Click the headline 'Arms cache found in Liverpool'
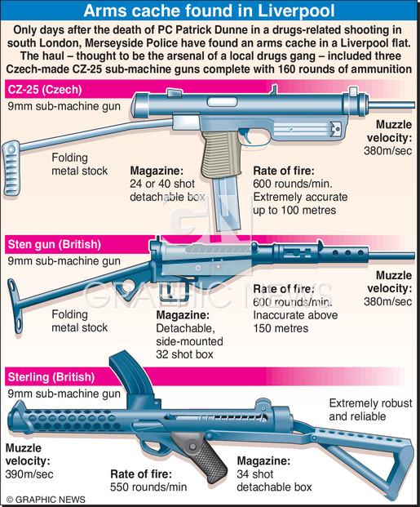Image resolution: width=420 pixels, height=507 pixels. coord(209,11)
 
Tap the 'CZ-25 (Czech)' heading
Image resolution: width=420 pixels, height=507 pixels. coord(45,90)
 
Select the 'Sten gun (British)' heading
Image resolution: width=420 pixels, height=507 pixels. coord(55,244)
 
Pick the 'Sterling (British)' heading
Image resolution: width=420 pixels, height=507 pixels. coord(51,377)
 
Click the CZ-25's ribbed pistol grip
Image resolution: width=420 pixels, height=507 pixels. coord(221,153)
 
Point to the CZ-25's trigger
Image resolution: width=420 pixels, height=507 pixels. coord(246,136)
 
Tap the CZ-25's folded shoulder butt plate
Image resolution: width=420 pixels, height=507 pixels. coord(11,168)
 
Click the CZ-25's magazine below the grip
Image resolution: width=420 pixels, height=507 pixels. coord(226,204)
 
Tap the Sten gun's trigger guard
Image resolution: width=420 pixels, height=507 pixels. coord(175,291)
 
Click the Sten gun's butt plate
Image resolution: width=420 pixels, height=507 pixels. coord(15,305)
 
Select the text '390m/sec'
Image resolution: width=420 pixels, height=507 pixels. coord(29,474)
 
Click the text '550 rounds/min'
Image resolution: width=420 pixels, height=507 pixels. coord(148,487)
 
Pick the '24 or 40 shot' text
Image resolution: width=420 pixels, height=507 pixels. coord(162,184)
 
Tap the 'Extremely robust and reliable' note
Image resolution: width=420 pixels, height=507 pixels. coord(370,410)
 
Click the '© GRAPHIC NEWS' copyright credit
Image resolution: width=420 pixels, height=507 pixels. coord(46,500)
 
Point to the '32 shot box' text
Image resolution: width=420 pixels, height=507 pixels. coord(184,354)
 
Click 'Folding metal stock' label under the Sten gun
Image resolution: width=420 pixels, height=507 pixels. coord(79,321)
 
